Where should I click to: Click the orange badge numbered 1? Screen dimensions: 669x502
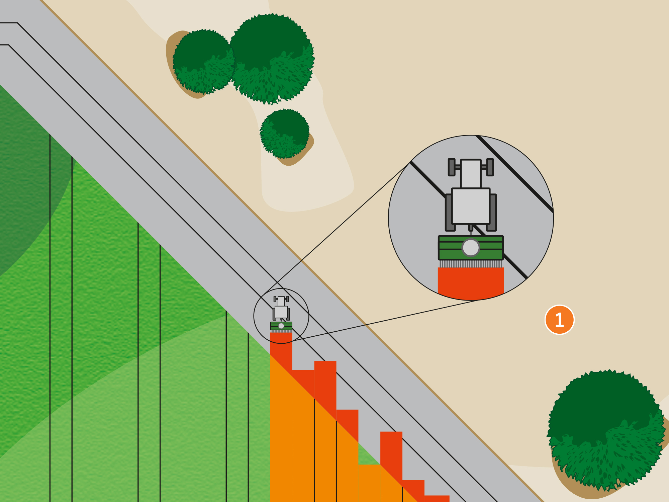tap(560, 320)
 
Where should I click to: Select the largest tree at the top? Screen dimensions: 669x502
tap(272, 59)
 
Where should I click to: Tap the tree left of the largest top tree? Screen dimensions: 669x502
tap(203, 62)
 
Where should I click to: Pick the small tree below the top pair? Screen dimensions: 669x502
tap(285, 133)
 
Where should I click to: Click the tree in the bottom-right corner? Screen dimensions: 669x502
tap(605, 430)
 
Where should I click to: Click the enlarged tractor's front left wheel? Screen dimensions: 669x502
tap(452, 167)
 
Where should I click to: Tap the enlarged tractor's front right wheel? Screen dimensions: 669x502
tap(490, 167)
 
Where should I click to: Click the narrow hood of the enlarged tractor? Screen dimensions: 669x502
tap(471, 173)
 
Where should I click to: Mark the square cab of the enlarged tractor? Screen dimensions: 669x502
tap(471, 206)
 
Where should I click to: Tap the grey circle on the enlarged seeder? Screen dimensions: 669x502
tap(471, 248)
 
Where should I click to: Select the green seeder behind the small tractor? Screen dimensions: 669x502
tap(281, 326)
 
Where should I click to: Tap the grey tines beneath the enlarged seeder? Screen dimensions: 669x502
tap(471, 264)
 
